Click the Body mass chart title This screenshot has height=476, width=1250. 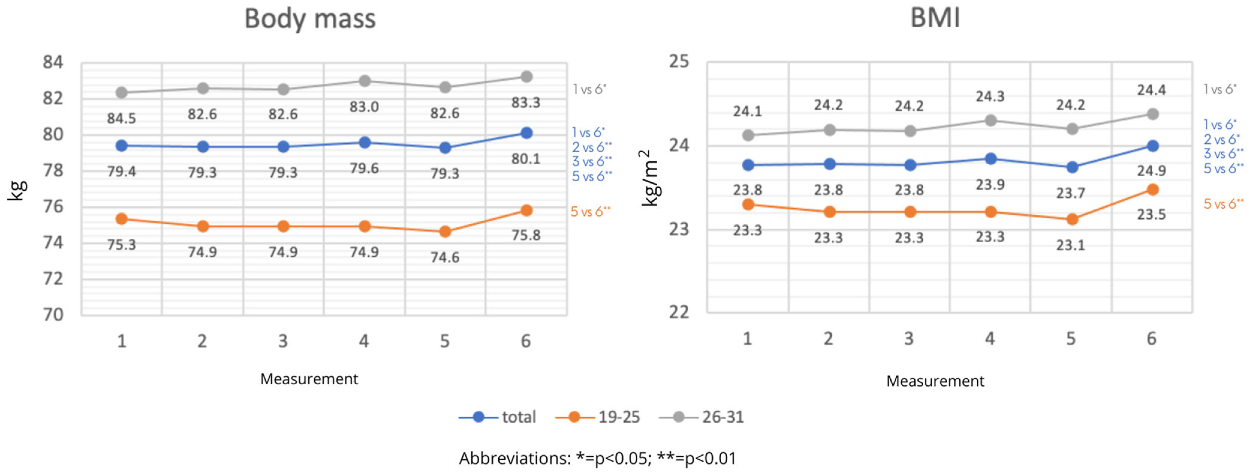click(x=310, y=19)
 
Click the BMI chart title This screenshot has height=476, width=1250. click(x=935, y=19)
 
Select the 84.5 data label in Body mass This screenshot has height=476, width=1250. click(x=121, y=118)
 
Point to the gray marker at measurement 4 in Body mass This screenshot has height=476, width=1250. click(x=364, y=81)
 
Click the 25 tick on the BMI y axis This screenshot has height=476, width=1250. click(x=679, y=62)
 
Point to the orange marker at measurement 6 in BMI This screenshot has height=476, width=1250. click(x=1153, y=190)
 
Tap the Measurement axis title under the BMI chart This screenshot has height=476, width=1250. click(x=935, y=381)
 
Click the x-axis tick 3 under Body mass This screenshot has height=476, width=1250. click(x=283, y=341)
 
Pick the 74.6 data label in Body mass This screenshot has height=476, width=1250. click(x=445, y=257)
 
